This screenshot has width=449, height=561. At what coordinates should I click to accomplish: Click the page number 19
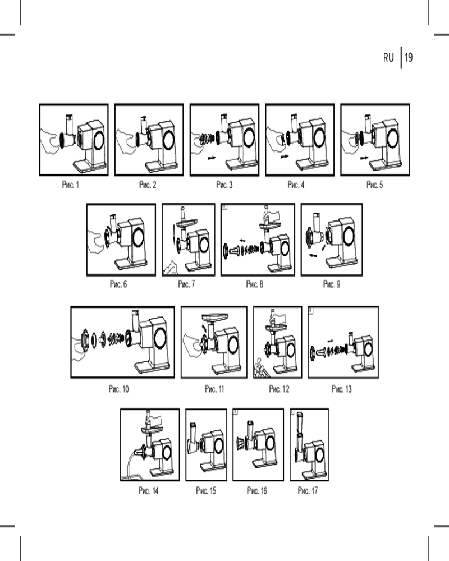(409, 57)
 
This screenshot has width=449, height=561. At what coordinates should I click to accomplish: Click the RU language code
(388, 57)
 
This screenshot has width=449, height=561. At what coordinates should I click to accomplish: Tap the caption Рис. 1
(71, 185)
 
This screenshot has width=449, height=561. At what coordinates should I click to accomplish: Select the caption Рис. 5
(374, 185)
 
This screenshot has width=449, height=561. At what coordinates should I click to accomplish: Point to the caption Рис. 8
(255, 284)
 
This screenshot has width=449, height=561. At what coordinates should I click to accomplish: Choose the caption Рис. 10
(118, 389)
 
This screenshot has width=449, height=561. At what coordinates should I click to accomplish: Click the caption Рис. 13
(342, 389)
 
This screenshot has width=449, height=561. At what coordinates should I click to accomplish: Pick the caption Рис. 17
(308, 490)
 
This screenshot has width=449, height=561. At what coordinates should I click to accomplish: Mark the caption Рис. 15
(206, 490)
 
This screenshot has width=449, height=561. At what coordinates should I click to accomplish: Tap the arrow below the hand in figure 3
(212, 158)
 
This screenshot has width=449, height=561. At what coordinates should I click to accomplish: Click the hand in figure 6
(96, 242)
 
